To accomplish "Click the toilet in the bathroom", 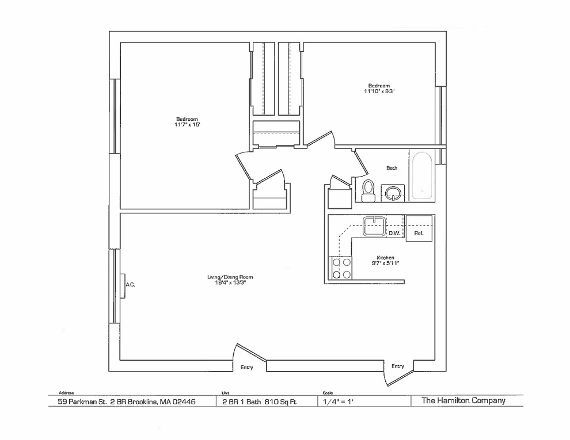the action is coord(368,190).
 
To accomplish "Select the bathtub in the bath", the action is coord(421,176).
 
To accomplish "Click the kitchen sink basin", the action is coord(374,226).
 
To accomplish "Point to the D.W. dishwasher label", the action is coord(394,234).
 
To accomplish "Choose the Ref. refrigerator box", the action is coord(419,228).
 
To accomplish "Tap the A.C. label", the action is coord(130,285).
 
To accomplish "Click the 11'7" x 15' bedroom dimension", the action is coord(187,124).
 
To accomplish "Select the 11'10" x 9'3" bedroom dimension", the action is coord(379,91).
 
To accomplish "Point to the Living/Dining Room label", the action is coord(230,277).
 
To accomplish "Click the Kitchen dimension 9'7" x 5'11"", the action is coord(385,263).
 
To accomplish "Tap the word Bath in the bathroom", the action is coord(392,168).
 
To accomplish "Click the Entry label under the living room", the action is coord(247,368).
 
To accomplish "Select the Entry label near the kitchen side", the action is coord(398,366).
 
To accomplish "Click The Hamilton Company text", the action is coord(463,400).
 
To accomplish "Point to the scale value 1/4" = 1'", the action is coord(338,401).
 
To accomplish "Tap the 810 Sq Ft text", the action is coord(280,401).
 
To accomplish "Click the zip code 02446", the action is coord(184,401).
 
